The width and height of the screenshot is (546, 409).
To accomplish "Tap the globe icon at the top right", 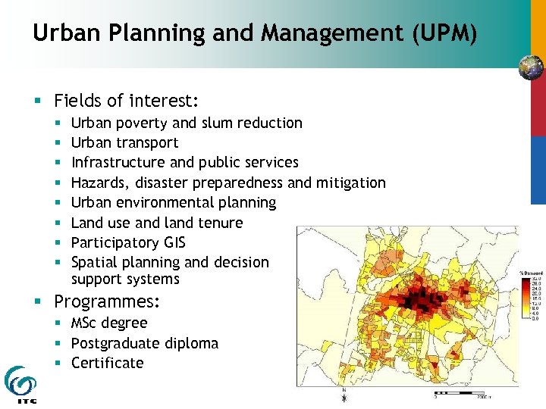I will (x=531, y=68).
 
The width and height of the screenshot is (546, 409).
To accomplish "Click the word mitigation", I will (x=350, y=183).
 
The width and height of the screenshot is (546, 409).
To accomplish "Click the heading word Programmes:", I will (x=107, y=301).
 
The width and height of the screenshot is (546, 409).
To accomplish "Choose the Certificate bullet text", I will (x=107, y=363).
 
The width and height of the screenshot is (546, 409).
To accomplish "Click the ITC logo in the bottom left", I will (x=20, y=383).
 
